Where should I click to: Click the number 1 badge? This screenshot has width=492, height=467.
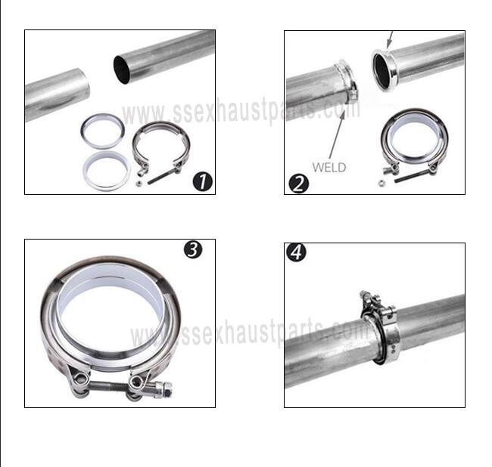[202, 181]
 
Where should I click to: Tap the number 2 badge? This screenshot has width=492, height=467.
[298, 183]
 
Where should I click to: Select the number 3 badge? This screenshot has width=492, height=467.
[193, 249]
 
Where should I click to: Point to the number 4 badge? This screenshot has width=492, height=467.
[297, 252]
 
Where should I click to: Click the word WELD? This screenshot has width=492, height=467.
[328, 167]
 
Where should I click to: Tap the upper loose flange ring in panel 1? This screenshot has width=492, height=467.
[103, 131]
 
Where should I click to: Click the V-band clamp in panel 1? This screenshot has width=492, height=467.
[159, 147]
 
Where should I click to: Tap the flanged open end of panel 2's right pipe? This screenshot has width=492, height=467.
[384, 70]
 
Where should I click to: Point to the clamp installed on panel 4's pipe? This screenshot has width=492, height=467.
[379, 326]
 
